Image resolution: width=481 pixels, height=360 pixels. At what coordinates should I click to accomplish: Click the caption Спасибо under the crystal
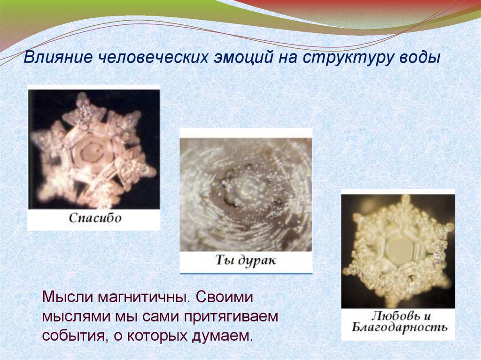point(95,218)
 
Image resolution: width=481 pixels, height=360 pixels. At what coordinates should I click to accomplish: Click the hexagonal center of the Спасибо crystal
point(91,152)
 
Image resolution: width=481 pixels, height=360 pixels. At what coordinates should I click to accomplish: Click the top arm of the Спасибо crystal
point(84,101)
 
